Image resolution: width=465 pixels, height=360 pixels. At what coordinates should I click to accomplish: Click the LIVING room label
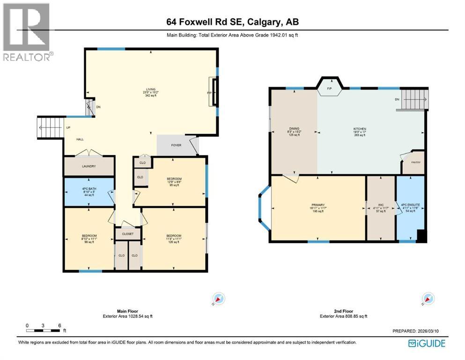(x=150, y=89)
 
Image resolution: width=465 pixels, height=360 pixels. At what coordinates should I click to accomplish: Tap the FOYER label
(x=176, y=145)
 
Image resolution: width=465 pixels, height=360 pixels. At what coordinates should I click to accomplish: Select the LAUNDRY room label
(x=89, y=166)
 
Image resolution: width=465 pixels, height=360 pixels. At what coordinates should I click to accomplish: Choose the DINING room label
(x=294, y=129)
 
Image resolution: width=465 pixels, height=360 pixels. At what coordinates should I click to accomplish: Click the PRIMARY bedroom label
(x=318, y=205)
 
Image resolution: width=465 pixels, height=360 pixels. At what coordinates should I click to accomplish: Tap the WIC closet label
(x=381, y=205)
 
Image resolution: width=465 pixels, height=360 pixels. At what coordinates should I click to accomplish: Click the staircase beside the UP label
(x=50, y=127)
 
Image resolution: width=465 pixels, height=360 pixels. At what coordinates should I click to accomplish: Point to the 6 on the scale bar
(x=59, y=325)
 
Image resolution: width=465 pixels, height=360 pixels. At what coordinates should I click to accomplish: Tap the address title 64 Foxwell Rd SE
(x=232, y=22)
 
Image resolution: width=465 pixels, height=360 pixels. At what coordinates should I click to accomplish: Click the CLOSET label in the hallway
(x=128, y=233)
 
